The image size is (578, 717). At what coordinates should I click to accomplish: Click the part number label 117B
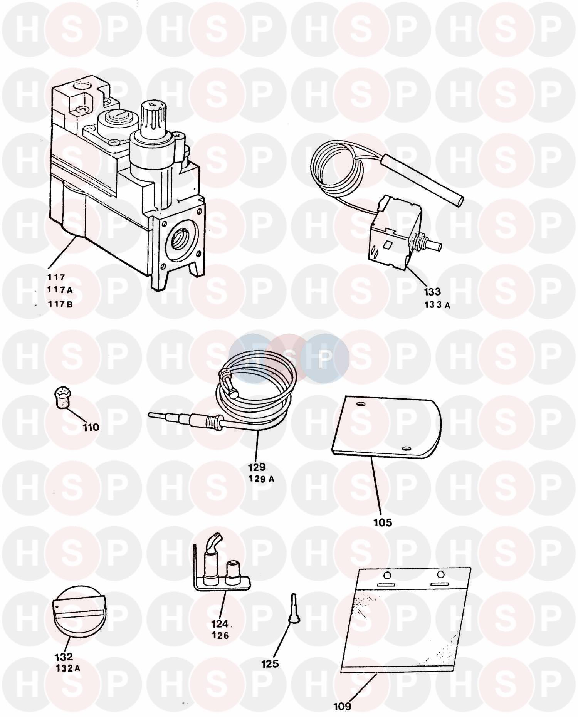click(x=60, y=304)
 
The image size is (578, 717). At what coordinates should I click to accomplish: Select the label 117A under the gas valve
click(x=60, y=290)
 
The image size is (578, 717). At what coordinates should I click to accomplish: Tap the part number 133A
click(x=437, y=306)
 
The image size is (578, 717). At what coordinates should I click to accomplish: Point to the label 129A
click(x=262, y=479)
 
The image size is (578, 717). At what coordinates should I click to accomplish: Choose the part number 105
click(x=383, y=522)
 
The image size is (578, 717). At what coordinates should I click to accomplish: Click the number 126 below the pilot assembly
click(x=220, y=635)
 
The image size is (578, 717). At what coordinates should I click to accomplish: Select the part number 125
click(x=270, y=663)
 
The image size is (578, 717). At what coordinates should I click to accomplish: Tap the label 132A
click(x=68, y=668)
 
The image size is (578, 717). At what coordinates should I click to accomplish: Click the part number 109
click(x=342, y=706)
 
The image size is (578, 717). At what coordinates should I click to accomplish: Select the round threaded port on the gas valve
click(x=180, y=238)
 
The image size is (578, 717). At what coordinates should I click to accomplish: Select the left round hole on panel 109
click(x=387, y=575)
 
